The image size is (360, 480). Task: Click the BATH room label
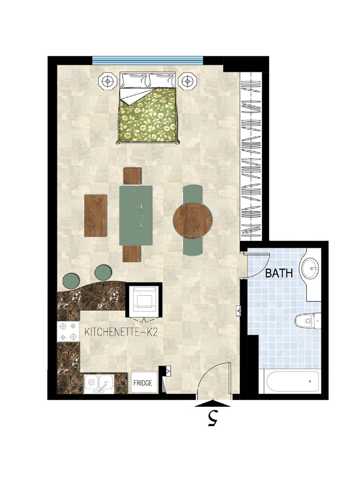pos(279,273)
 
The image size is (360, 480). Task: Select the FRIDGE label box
pos(142,383)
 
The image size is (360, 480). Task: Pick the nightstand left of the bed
pos(107,81)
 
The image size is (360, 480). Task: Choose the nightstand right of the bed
pos(188,81)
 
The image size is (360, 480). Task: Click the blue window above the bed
pos(148,60)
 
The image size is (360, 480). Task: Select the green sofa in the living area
pos(136,215)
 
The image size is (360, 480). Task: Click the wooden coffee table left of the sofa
pos(96,215)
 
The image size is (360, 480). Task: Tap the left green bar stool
pos(72,280)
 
